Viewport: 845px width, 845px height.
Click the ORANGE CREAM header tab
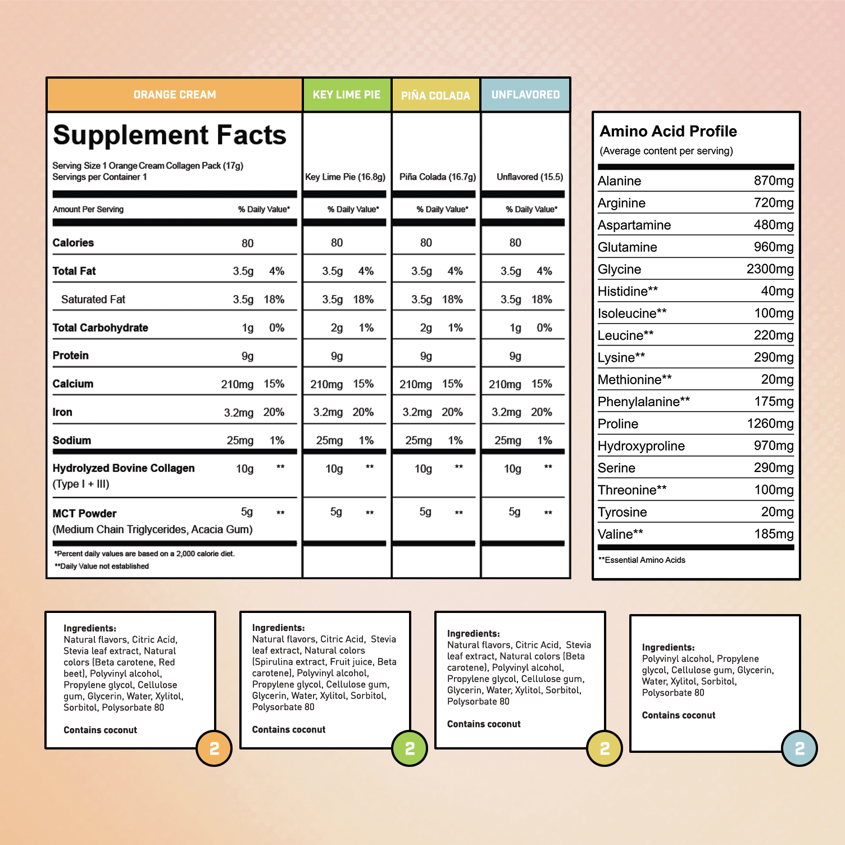(x=175, y=94)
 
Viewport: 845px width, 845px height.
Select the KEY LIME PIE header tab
(x=347, y=94)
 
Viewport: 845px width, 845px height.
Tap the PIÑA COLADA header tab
(x=435, y=95)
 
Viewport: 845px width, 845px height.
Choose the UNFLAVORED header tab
(x=525, y=94)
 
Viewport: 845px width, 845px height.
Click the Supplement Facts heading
(x=170, y=135)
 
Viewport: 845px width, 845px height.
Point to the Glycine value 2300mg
(x=770, y=269)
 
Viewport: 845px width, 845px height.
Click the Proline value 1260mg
(x=770, y=424)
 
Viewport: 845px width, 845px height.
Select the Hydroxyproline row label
(x=641, y=446)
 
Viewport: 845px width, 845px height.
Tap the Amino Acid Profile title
(x=668, y=131)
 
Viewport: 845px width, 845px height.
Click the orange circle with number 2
(x=214, y=748)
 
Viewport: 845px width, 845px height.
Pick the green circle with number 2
(x=410, y=748)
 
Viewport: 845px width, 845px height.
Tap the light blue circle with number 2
(x=799, y=748)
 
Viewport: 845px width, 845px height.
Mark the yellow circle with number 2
(x=605, y=748)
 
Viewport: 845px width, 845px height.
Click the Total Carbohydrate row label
(x=100, y=328)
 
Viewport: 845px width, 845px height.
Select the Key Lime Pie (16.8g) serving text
(x=345, y=177)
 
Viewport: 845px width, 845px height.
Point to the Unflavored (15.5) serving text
(x=530, y=177)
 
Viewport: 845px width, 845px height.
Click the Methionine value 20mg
(x=777, y=379)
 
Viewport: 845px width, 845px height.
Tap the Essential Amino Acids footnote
(x=642, y=560)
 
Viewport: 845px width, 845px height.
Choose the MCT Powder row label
(x=84, y=514)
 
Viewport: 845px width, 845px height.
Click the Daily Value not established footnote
(x=102, y=566)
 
